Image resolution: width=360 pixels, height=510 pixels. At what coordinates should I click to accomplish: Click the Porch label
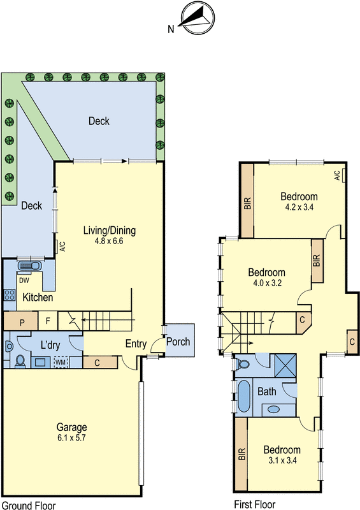[x=178, y=342]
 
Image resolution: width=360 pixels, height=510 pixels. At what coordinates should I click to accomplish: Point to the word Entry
[x=136, y=344]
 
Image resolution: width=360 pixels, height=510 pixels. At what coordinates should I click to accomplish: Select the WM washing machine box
[x=61, y=362]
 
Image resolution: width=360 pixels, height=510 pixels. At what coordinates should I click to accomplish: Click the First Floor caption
[x=255, y=504]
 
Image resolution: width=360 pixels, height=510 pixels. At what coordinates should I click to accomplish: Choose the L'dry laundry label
[x=50, y=345]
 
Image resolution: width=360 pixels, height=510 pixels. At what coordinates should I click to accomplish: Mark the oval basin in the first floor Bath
[x=274, y=409]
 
